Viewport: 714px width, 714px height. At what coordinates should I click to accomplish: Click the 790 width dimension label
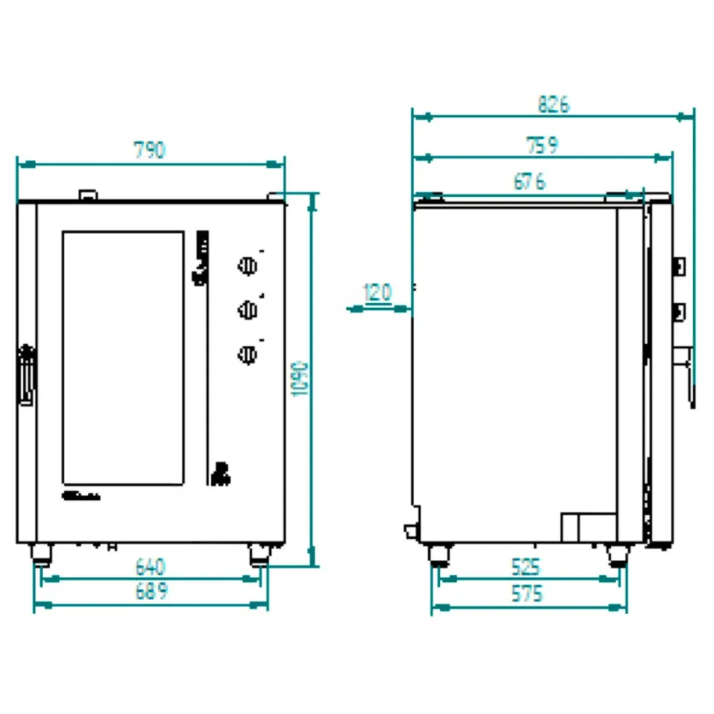click(x=149, y=150)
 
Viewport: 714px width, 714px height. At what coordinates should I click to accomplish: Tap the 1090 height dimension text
click(x=300, y=379)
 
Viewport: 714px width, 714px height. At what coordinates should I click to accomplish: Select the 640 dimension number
click(x=150, y=567)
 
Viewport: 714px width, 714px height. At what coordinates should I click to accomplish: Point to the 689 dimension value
click(x=151, y=591)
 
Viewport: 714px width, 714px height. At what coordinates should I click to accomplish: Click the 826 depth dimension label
click(x=554, y=104)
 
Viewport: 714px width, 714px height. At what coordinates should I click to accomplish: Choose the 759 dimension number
click(x=542, y=145)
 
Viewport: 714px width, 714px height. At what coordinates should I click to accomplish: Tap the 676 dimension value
click(x=530, y=181)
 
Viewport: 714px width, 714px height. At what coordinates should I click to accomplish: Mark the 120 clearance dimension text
click(x=378, y=292)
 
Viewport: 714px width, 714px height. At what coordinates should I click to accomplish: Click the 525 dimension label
click(x=526, y=568)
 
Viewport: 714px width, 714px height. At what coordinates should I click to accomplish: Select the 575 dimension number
click(x=527, y=594)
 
